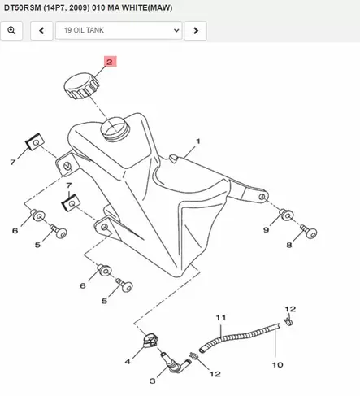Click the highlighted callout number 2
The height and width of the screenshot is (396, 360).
pos(111,62)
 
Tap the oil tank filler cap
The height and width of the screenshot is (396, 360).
pos(81,86)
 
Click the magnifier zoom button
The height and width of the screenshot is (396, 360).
pos(11,31)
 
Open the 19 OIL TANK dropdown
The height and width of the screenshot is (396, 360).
pos(119,31)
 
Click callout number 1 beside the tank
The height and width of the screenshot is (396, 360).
pos(198,141)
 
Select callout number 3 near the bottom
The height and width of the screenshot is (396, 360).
pos(153,381)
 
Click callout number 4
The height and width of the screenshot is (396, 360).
pos(128,362)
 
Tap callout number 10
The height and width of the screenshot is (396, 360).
pos(277,365)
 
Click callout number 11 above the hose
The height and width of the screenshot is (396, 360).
pos(221,317)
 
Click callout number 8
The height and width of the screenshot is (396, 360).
pos(289,245)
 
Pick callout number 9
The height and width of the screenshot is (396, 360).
pos(266,230)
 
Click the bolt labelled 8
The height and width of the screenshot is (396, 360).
pos(309,232)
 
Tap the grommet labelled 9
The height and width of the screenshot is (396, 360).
pos(286,215)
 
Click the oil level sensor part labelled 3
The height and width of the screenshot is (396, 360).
pos(174,363)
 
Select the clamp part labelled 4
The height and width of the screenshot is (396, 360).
pos(150,341)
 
